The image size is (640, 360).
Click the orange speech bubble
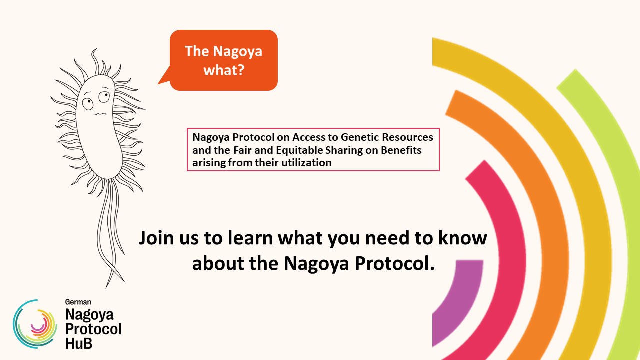pyautogui.click(x=223, y=60)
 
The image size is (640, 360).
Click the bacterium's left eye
pyautogui.click(x=88, y=103)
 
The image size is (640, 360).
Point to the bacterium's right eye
pyautogui.click(x=104, y=96)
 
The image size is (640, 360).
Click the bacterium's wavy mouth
pyautogui.click(x=100, y=114)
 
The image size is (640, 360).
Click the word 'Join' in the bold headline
pyautogui.click(x=156, y=238)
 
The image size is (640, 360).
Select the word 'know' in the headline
pyautogui.click(x=463, y=238)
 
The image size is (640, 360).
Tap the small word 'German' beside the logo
pyautogui.click(x=78, y=302)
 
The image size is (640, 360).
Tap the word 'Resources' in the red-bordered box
pyautogui.click(x=407, y=137)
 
